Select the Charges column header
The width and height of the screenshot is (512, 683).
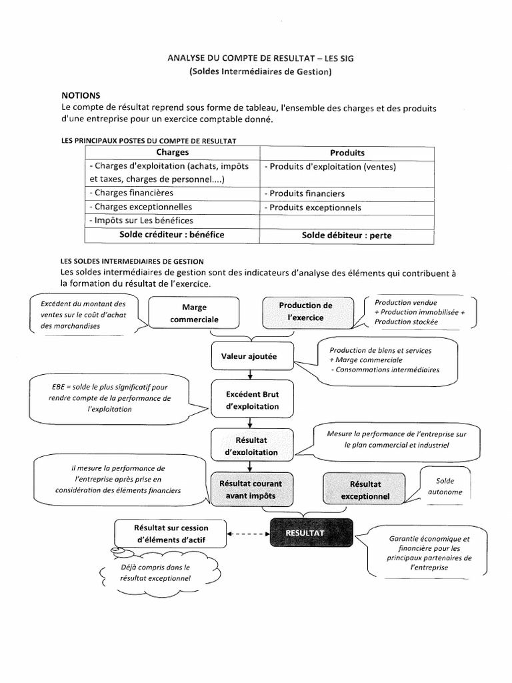click(172, 153)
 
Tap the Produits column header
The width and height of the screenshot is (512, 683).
click(347, 153)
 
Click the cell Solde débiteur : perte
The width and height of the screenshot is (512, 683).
click(347, 235)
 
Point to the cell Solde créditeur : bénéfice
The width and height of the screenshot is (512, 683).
click(172, 234)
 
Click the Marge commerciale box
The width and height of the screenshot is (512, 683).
click(194, 313)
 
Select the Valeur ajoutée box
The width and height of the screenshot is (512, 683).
click(249, 357)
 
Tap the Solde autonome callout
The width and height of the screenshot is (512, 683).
click(445, 486)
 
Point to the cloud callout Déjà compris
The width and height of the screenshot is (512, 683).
click(155, 573)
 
